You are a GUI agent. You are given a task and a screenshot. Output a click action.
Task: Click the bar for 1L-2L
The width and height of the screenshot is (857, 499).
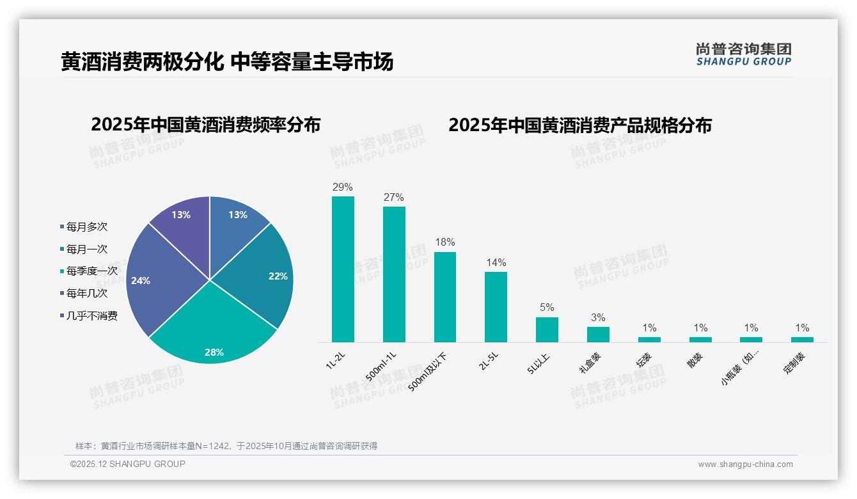pos(343,269)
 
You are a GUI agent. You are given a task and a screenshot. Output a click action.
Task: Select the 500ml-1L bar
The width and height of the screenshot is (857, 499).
pos(394,274)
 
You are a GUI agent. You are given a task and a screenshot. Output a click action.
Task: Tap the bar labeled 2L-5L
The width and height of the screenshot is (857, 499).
pos(496,307)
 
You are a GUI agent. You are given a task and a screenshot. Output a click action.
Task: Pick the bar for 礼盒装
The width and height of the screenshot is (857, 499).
pos(598,335)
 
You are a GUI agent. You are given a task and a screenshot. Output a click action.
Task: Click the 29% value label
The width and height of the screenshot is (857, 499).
pos(343,187)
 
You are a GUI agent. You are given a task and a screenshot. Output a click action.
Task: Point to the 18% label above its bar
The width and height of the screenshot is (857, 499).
pos(444,242)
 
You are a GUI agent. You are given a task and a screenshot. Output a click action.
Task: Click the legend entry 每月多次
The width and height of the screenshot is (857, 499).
pos(86,226)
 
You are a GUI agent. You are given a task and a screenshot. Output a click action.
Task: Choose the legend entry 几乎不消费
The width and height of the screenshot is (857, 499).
pos(91,315)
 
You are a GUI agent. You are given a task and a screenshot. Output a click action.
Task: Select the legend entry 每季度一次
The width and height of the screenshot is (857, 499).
pos(91,271)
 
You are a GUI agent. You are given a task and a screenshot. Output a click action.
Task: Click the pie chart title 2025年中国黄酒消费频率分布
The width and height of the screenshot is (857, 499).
pos(205,125)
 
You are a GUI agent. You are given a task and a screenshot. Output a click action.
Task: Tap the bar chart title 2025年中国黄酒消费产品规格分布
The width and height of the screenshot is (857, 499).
pos(579,125)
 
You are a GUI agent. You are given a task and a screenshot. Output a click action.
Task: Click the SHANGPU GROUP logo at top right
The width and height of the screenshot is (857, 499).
pos(743,54)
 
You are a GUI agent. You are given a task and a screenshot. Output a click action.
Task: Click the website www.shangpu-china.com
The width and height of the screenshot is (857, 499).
pos(745,464)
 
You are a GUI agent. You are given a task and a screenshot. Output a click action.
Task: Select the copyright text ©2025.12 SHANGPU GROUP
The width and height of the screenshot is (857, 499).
pos(128,464)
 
